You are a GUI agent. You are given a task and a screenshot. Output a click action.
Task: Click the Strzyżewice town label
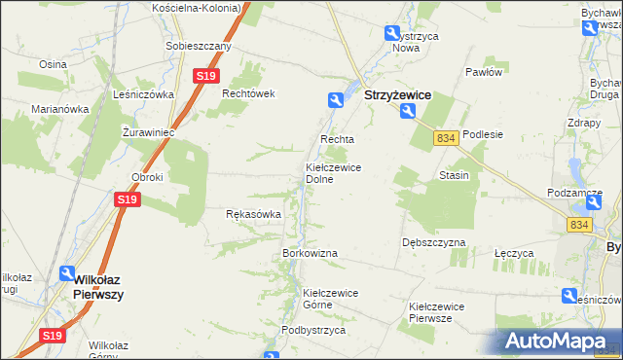point(397,96)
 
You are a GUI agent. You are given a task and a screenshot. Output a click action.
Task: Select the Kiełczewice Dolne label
point(334,173)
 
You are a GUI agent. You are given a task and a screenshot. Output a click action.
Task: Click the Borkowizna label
point(310,253)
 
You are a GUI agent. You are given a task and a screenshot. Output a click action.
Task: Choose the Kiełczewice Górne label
point(331,298)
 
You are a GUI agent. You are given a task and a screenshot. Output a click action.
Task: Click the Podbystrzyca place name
point(313,330)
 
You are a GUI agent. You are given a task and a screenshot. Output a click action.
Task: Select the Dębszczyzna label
point(433,242)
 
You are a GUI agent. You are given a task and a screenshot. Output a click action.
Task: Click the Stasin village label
point(455,175)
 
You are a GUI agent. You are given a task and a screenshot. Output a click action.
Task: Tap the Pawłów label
point(483,72)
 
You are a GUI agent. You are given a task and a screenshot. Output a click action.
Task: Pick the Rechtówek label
point(250,93)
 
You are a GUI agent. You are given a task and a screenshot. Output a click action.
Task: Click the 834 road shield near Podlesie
point(447,139)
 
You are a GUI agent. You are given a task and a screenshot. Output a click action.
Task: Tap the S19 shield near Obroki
point(128,199)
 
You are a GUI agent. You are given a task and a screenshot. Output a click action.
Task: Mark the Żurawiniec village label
point(148,130)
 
